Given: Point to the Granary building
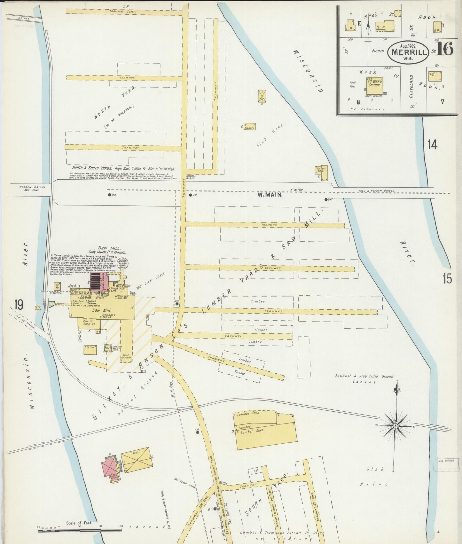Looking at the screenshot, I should click(249, 126).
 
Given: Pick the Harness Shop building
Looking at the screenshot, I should click(320, 169).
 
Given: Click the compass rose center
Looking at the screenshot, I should click(395, 426).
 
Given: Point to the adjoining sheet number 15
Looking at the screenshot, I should click(447, 279).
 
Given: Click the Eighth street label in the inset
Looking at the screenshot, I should click(378, 51).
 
